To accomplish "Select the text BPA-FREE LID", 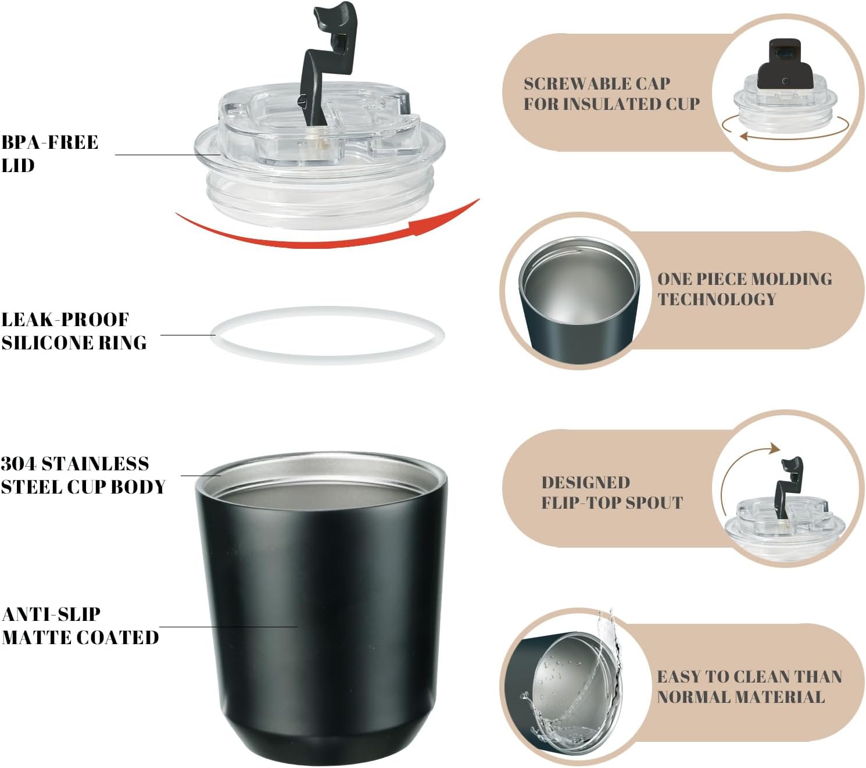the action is tap(49, 153).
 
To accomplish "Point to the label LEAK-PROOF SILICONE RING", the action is tap(74, 331).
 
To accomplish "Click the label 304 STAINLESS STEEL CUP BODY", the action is tap(83, 475).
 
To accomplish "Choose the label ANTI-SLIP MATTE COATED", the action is tap(80, 626).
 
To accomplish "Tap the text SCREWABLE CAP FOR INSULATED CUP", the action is tap(611, 94).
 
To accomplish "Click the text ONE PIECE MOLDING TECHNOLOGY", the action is tap(745, 288).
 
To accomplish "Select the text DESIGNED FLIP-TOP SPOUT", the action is tap(611, 492).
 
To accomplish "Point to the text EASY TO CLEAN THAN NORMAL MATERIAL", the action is tap(749, 687).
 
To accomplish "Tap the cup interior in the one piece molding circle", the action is tap(579, 281).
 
